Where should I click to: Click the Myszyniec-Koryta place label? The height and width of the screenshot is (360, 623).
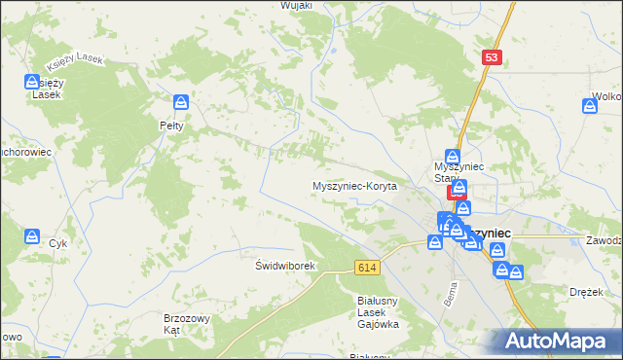click(354, 186)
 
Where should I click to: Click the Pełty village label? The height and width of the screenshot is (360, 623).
click(172, 126)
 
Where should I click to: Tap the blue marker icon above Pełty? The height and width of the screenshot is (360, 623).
click(180, 103)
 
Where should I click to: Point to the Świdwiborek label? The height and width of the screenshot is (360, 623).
click(281, 266)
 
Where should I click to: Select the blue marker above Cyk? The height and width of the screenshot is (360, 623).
click(32, 237)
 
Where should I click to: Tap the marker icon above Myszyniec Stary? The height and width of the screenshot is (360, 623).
click(453, 157)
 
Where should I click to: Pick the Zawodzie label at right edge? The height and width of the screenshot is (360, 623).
click(604, 239)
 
